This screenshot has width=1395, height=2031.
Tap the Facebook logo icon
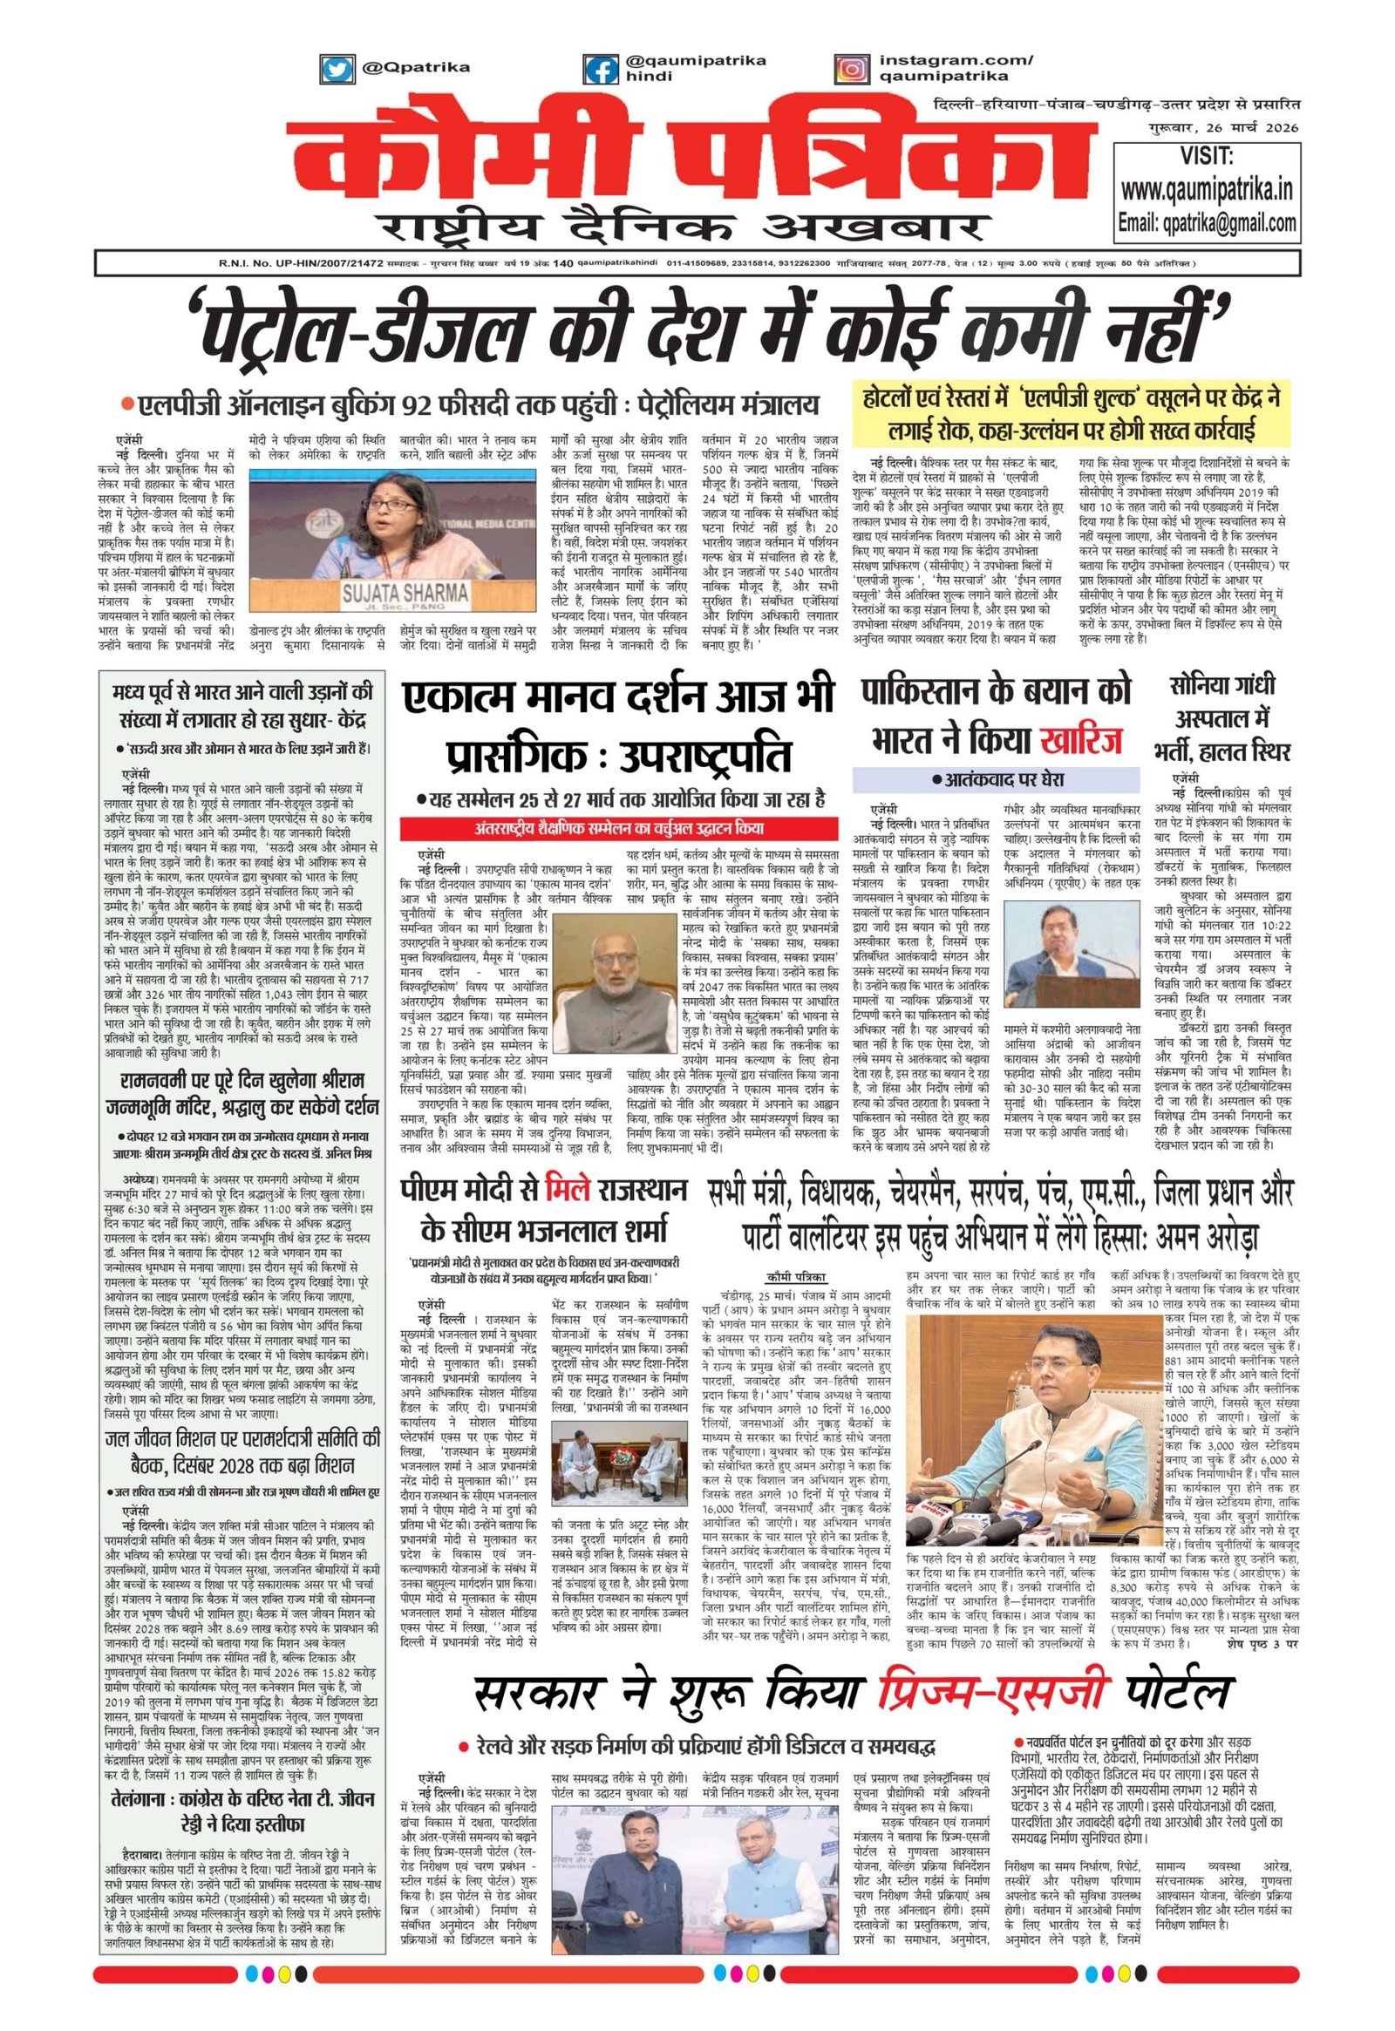click(598, 69)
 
